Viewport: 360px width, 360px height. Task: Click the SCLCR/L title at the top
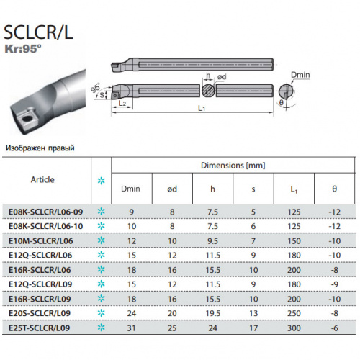(38, 32)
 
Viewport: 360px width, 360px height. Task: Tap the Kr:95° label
(23, 49)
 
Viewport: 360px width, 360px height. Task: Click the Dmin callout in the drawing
(300, 75)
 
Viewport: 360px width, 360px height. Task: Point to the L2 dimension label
(122, 103)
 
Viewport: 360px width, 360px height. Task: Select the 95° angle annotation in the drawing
(96, 88)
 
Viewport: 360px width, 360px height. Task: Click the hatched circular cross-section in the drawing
(208, 91)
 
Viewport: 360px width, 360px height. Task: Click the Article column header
(42, 179)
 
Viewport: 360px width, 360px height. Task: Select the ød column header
(172, 189)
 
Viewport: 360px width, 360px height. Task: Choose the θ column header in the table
(334, 189)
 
